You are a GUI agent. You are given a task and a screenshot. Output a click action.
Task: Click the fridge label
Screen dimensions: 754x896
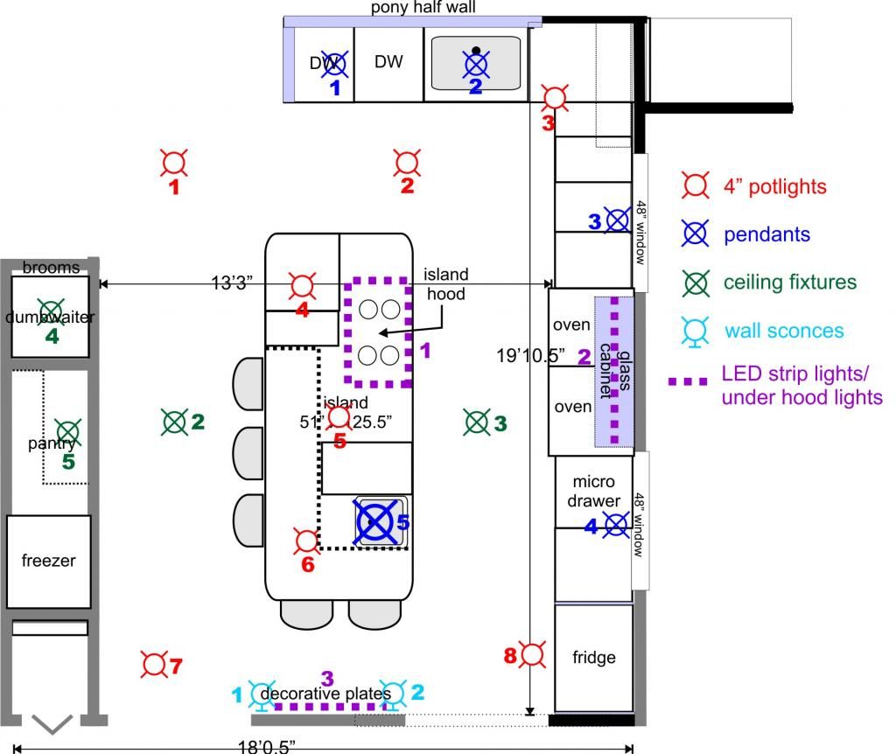594,657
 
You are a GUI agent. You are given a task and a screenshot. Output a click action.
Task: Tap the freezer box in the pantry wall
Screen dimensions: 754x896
49,562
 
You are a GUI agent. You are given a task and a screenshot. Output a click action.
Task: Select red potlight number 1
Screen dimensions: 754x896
175,162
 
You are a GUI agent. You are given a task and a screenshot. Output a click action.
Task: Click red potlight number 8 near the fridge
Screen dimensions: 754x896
533,653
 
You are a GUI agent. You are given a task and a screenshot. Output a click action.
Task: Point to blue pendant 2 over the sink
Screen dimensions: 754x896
475,63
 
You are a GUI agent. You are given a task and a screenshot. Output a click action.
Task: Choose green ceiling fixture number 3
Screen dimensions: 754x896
477,422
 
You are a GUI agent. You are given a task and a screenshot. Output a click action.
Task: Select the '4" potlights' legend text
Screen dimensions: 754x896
774,186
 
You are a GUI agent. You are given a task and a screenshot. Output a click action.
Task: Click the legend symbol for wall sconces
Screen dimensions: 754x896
696,330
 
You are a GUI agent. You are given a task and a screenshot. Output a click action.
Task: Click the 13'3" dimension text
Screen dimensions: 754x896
233,283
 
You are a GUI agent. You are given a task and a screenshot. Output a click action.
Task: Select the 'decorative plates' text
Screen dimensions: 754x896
326,695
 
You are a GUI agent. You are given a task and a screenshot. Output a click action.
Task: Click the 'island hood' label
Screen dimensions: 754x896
447,284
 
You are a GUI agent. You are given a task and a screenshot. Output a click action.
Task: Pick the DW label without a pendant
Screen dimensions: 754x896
388,61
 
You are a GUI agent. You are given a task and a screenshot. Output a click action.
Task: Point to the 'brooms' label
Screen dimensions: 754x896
51,268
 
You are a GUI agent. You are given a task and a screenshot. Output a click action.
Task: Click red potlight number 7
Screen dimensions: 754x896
155,665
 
